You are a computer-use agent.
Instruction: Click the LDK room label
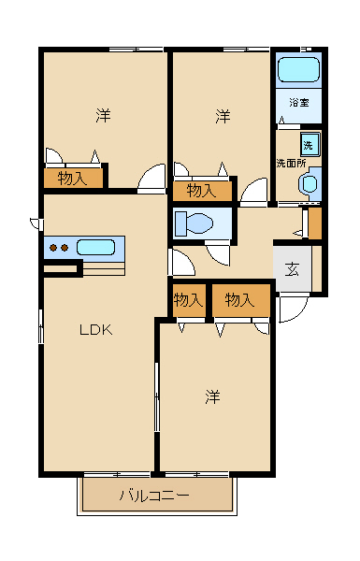point(96,329)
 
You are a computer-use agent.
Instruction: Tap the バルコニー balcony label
point(154,496)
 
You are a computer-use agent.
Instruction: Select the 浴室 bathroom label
point(299,102)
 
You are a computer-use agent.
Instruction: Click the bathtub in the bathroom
point(298,70)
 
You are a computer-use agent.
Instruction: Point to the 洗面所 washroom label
point(291,163)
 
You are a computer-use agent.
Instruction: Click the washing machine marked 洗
point(310,144)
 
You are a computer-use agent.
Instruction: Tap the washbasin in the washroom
point(310,184)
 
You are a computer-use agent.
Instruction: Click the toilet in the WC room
point(194,223)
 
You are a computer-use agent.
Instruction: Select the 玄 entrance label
point(292,269)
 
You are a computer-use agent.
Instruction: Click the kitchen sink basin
point(95,247)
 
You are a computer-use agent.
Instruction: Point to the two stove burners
point(59,247)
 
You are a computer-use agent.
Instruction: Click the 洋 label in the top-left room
point(103,115)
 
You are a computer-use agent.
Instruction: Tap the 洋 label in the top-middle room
point(223,117)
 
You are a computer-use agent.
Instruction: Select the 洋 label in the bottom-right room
point(212,396)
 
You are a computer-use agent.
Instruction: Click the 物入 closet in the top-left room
point(73,178)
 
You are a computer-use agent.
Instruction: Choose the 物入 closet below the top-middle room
point(202,191)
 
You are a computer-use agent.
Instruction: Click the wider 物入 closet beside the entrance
point(241,300)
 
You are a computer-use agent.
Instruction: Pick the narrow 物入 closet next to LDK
point(189,300)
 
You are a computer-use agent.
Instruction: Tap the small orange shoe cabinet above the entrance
point(315,223)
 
